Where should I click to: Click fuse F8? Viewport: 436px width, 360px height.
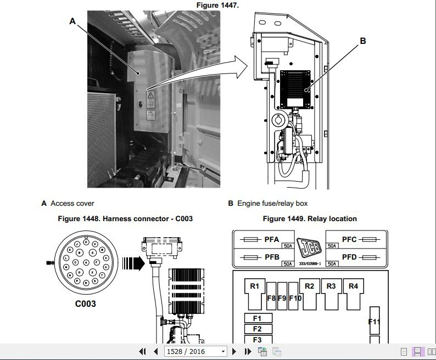click(271, 299)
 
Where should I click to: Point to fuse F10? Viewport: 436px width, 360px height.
click(295, 299)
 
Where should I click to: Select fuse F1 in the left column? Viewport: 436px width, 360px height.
click(258, 318)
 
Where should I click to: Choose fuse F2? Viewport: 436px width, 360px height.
click(258, 329)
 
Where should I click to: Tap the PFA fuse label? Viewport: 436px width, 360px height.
click(272, 240)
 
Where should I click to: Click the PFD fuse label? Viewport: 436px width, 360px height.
click(349, 256)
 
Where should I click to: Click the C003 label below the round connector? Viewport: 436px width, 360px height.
click(86, 303)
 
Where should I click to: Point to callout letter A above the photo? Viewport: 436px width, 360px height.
click(72, 22)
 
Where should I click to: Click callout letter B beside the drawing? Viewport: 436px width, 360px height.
click(362, 41)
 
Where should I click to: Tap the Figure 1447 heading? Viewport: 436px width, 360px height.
click(218, 5)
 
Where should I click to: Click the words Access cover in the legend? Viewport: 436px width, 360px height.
click(72, 204)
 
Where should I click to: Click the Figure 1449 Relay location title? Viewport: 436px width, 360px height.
click(310, 219)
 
